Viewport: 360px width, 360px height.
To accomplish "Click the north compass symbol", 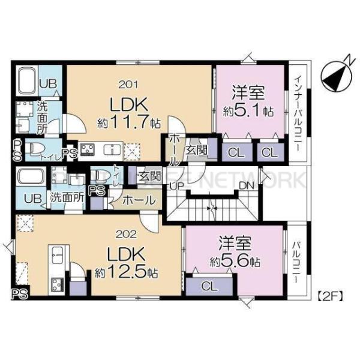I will click(334, 75).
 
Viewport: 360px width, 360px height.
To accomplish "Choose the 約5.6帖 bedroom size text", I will click(235, 262).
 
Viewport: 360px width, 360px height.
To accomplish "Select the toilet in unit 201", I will click(37, 148).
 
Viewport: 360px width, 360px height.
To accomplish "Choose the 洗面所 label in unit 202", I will click(66, 196).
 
